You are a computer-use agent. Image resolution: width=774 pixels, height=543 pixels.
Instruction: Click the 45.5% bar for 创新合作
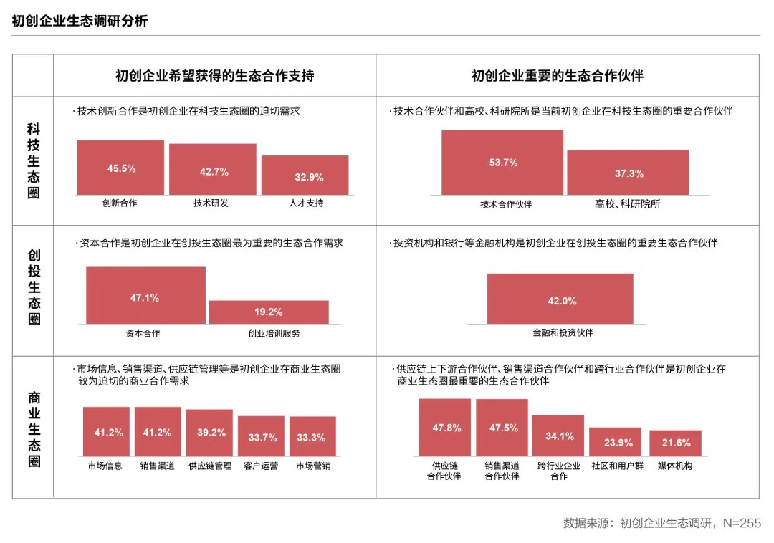click(x=120, y=168)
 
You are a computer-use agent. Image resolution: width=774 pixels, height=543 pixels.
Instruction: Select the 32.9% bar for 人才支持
click(x=305, y=175)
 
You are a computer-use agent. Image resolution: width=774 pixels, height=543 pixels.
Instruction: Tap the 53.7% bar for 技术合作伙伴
click(x=502, y=163)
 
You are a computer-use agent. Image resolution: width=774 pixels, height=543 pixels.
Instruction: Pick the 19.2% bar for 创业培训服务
click(x=269, y=312)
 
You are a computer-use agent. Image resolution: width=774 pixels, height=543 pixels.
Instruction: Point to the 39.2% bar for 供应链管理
click(x=210, y=433)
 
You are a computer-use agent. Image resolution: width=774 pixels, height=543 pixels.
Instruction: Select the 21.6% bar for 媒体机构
click(x=675, y=443)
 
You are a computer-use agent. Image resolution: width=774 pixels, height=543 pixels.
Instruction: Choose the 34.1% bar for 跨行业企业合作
click(x=558, y=436)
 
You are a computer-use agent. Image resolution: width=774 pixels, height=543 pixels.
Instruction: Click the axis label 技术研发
click(x=211, y=203)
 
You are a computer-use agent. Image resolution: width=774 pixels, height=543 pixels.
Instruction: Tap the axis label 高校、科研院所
click(x=627, y=204)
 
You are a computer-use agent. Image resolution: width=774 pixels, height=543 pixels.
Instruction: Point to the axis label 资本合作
click(x=143, y=333)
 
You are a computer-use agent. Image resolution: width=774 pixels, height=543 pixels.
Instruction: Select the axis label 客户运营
click(x=261, y=466)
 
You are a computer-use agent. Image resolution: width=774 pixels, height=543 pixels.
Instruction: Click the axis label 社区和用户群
click(x=617, y=466)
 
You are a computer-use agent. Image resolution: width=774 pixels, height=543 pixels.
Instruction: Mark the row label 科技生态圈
click(x=34, y=161)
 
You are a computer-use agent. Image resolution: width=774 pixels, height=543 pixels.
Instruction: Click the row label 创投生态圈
click(x=34, y=287)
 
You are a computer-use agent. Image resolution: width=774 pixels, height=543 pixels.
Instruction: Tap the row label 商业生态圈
click(x=34, y=428)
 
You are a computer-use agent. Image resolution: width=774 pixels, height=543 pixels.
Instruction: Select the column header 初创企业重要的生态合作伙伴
click(x=557, y=76)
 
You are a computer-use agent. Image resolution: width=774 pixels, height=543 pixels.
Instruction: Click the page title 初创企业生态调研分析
click(x=80, y=21)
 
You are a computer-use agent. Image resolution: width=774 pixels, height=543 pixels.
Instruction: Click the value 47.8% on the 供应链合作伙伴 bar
click(x=446, y=428)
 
